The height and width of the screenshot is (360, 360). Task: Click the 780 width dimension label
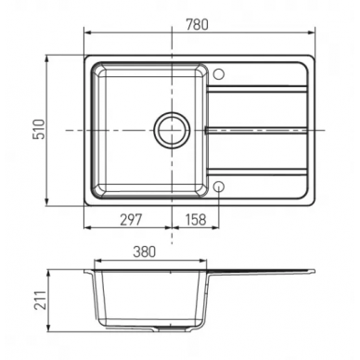[197, 25]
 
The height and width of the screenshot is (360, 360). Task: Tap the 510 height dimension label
[39, 129]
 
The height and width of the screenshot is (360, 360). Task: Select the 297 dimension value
[131, 220]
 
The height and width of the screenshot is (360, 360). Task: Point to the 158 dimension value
[196, 220]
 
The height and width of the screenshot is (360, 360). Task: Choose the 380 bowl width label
[144, 252]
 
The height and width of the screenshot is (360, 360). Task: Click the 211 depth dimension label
[40, 300]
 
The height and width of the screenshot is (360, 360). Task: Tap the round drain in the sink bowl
[172, 130]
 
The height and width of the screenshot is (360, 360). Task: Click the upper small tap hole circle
[219, 73]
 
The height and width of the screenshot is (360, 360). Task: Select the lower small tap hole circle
[219, 186]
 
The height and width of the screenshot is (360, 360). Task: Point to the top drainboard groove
[257, 89]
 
